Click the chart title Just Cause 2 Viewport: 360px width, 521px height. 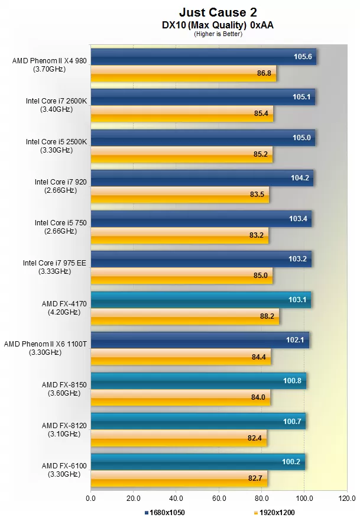coord(218,12)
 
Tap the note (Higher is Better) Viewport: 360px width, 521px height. coord(218,34)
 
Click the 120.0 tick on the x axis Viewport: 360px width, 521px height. coord(347,498)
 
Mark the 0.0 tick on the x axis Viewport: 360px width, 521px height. coord(90,498)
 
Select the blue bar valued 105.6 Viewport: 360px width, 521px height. coord(203,57)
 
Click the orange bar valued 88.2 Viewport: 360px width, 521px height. coord(185,316)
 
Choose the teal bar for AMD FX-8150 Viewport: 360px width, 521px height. coord(198,381)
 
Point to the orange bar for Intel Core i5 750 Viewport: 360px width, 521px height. coord(179,235)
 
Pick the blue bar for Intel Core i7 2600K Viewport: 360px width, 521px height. coord(203,98)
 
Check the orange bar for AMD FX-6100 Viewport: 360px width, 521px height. coord(179,478)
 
